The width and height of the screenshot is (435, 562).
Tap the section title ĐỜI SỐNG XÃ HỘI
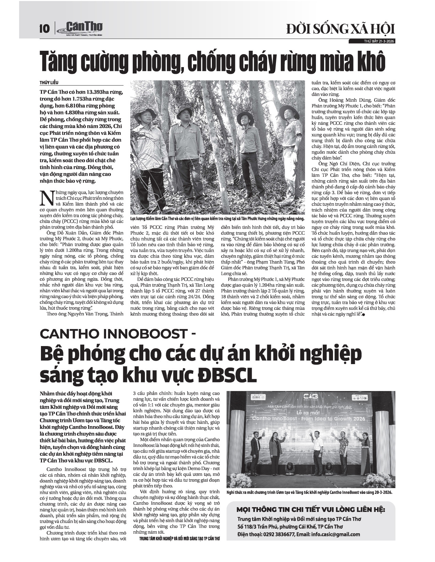click(x=340, y=29)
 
